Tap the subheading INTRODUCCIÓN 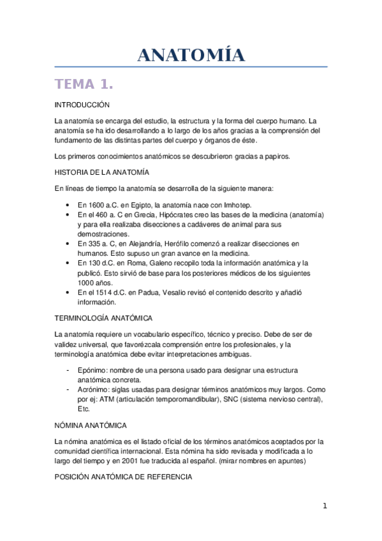(82, 104)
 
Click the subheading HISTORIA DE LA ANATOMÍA (102, 172)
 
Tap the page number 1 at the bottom (325, 507)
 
